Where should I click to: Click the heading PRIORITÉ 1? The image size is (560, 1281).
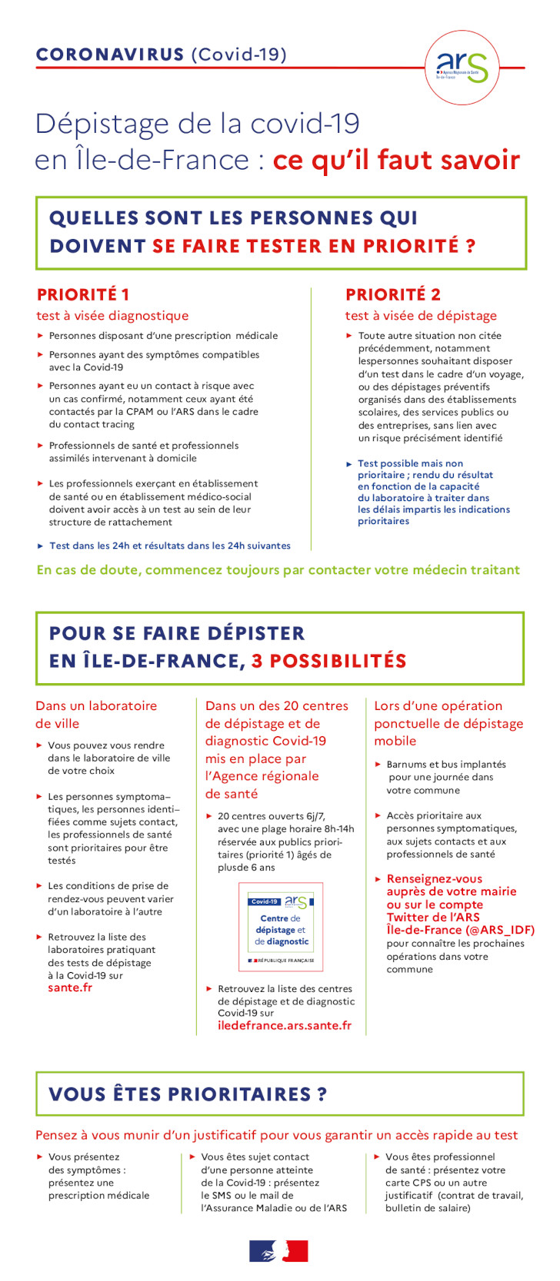[83, 294]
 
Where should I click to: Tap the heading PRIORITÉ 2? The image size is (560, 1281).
[393, 294]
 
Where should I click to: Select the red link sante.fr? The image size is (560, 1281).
[70, 987]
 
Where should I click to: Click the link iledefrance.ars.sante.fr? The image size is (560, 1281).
[285, 1025]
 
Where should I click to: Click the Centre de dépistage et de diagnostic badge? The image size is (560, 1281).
[281, 927]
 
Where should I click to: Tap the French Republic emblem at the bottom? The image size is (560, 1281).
[278, 1251]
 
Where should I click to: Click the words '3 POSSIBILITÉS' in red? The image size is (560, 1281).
[329, 661]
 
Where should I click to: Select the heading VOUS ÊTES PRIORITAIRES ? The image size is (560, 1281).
[188, 1094]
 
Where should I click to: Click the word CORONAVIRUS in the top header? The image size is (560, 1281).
[110, 55]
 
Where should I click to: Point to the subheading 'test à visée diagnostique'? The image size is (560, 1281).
[112, 316]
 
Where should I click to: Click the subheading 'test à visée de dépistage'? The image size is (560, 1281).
[421, 316]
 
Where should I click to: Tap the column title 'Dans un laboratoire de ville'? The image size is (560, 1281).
[95, 715]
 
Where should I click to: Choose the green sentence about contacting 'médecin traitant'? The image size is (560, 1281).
[278, 569]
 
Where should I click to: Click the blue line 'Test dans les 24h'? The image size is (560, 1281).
[169, 546]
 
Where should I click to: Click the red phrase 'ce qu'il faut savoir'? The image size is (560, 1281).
[396, 160]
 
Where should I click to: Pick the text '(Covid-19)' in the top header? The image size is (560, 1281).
[238, 55]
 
